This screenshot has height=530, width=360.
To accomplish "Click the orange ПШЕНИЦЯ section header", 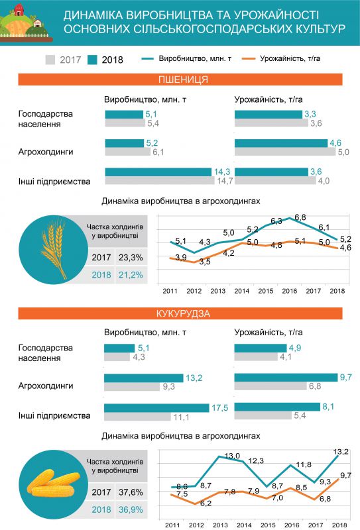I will click(x=180, y=80).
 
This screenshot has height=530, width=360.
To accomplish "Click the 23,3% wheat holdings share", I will click(x=131, y=258).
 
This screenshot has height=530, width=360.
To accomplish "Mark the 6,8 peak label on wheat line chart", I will click(x=300, y=217).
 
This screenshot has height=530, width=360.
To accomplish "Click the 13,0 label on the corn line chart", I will click(x=232, y=456).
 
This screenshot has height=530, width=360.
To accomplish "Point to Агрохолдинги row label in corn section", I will click(x=46, y=386).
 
